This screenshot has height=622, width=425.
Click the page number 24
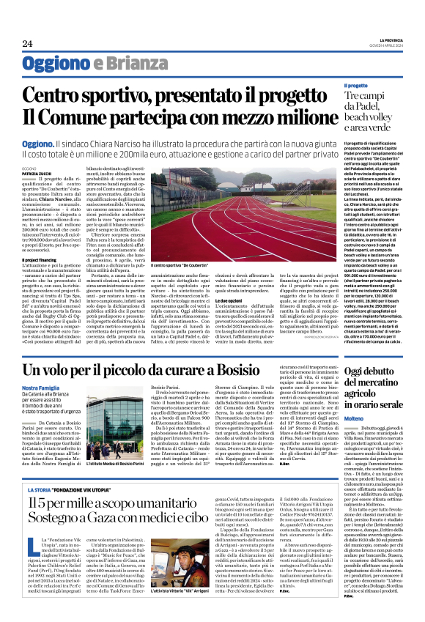[27, 44]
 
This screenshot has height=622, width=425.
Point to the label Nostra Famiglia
[41, 387]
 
